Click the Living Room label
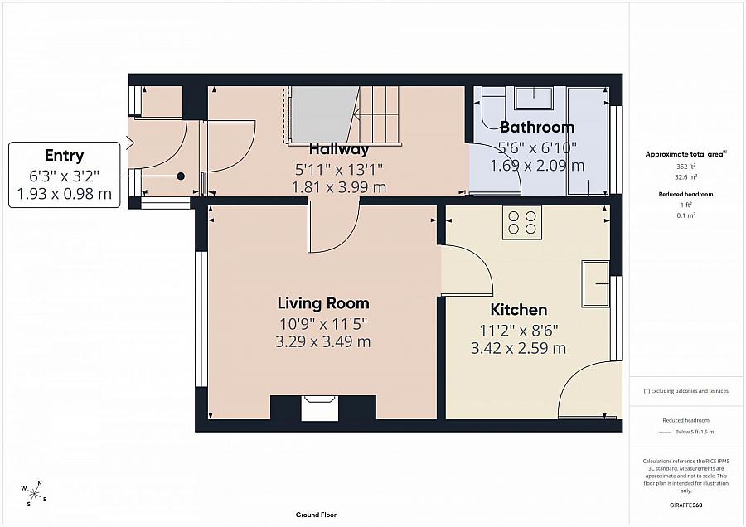[323, 303]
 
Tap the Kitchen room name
[519, 310]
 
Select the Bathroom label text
[537, 127]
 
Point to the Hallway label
[339, 149]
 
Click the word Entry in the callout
[64, 156]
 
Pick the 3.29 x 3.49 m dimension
[323, 341]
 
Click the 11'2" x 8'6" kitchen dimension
[519, 330]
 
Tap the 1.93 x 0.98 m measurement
[64, 194]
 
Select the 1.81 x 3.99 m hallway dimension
[339, 187]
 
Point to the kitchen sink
[595, 283]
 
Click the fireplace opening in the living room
[320, 409]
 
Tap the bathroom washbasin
[535, 98]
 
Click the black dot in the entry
[181, 176]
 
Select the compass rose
[34, 493]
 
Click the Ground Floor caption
[316, 515]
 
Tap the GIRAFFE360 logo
[686, 505]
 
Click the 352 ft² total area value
[686, 167]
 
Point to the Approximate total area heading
[686, 154]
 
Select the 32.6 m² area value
[686, 177]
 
